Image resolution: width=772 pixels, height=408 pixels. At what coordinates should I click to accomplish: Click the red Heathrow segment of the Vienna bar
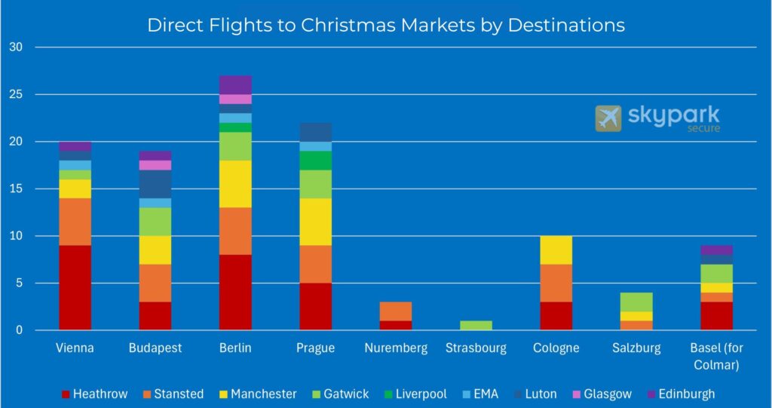(x=75, y=287)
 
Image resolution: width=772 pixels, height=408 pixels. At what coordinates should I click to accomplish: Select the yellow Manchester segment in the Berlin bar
(x=235, y=183)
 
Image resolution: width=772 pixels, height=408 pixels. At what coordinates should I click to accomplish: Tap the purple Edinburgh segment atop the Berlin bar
(x=235, y=84)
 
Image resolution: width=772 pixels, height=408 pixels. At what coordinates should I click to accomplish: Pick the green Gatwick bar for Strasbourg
(x=476, y=325)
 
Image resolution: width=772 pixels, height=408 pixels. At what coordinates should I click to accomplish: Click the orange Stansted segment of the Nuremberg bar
(x=396, y=311)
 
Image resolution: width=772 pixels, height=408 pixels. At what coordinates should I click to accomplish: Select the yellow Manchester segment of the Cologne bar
(x=556, y=250)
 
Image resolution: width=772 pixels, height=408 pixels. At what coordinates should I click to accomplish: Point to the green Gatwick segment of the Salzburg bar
(x=636, y=302)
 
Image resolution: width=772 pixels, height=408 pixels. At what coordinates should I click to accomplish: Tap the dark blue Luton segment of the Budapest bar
(x=155, y=183)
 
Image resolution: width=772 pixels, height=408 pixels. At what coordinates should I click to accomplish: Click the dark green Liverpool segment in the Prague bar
(x=315, y=160)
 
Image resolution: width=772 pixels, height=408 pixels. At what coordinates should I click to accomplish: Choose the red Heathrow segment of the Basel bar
(x=716, y=315)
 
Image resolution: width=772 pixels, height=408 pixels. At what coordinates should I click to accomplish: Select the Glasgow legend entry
(x=608, y=394)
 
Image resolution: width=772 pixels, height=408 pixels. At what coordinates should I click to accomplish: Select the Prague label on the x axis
(x=315, y=348)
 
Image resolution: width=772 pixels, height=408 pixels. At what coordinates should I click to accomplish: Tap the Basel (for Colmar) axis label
(x=716, y=356)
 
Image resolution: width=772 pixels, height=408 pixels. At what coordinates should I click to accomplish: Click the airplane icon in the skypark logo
(x=608, y=118)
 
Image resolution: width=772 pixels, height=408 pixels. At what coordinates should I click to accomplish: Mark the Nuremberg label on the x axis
(x=396, y=348)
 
